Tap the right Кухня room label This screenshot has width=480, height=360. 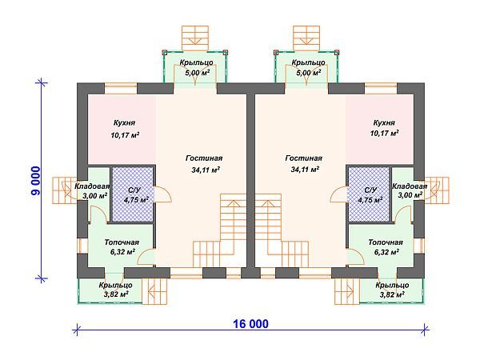[384, 123]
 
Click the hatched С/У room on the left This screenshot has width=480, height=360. [132, 194]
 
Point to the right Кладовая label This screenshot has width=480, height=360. [410, 186]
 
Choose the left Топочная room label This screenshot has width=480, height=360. [122, 242]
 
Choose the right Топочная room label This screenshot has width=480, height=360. [385, 242]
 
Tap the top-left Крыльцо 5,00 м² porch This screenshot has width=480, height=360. [197, 66]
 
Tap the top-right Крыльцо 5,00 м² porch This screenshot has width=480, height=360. [308, 66]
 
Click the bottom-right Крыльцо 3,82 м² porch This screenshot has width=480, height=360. [392, 290]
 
